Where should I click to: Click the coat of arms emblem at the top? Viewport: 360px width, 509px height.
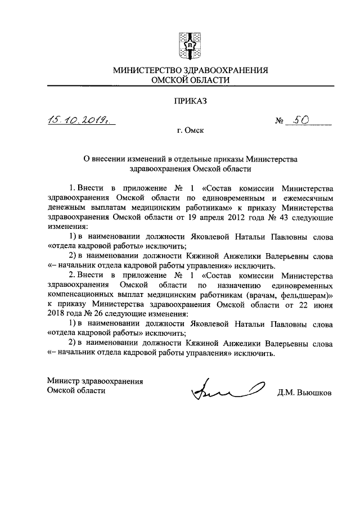click(190, 43)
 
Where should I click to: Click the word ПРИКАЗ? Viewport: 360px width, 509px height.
click(190, 101)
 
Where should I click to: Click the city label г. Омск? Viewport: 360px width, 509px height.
click(190, 131)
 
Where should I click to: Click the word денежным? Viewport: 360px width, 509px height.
click(67, 207)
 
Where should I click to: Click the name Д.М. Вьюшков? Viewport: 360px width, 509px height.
click(304, 393)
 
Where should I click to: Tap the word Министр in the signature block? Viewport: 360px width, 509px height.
click(64, 381)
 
